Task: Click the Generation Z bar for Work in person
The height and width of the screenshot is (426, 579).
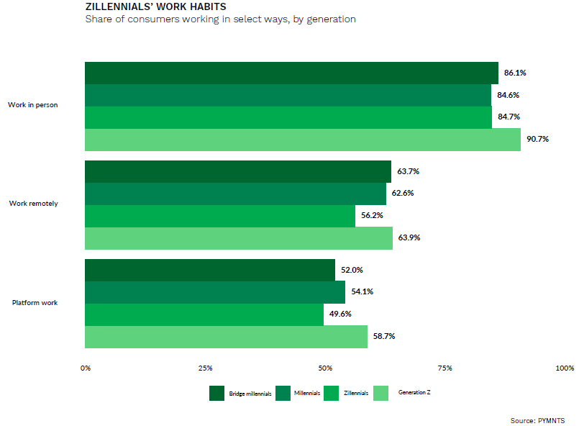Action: [302, 140]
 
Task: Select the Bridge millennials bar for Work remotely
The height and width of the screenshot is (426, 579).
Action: [237, 171]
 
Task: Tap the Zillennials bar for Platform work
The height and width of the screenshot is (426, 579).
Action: [204, 314]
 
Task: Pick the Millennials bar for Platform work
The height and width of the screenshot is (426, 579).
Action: [215, 292]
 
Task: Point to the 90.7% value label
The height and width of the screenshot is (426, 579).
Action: [537, 140]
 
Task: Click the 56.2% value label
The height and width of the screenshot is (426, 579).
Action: [372, 216]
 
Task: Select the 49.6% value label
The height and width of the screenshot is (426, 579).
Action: [340, 314]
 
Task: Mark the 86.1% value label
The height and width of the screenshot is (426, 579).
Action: [515, 73]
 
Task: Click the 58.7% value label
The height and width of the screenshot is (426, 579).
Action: [384, 337]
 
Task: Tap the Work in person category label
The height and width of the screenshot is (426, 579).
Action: [32, 105]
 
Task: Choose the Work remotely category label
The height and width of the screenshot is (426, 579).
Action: [33, 204]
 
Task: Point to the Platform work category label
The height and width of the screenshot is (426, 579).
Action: [35, 302]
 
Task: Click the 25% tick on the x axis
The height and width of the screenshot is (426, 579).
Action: [205, 369]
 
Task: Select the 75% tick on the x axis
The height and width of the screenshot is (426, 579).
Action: [445, 369]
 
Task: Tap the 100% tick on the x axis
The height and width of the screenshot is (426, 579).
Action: [565, 369]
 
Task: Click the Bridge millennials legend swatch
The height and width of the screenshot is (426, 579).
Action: [217, 393]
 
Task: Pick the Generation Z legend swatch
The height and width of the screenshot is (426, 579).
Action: [380, 393]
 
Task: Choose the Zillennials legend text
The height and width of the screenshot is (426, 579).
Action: [356, 393]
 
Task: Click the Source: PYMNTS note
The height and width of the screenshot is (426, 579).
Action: [537, 420]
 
